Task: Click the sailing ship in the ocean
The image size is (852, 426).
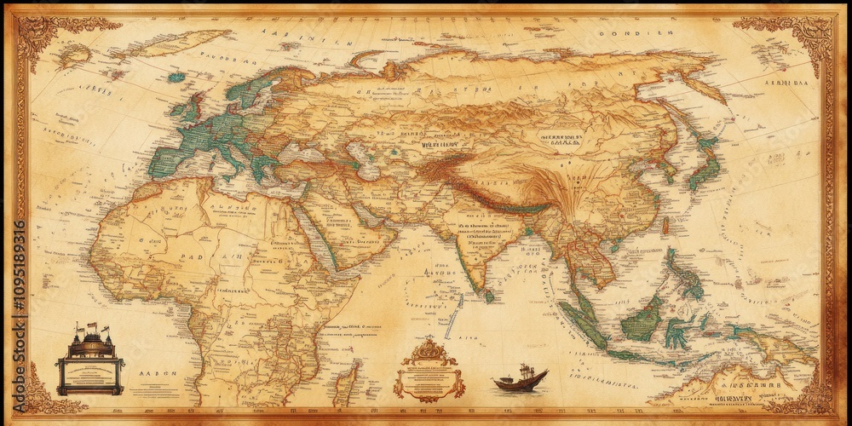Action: pos(520,379)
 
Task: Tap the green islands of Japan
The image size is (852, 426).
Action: pos(704,162)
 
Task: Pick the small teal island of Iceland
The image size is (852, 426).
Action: pos(176,78)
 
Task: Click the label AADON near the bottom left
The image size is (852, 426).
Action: pos(154,373)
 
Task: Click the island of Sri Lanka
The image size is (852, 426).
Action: pos(490,296)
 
